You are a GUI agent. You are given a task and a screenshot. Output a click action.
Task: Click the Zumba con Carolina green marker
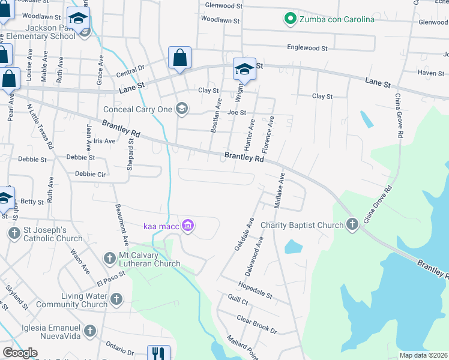(291, 19)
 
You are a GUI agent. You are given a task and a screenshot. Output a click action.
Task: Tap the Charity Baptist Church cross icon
(352, 225)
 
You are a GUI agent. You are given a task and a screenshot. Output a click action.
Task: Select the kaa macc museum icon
(188, 226)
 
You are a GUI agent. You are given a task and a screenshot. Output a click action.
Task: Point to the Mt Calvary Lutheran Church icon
(109, 259)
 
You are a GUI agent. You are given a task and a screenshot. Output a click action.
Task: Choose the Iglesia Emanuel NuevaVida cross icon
(90, 331)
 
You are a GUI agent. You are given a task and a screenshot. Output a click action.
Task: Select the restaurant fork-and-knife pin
(158, 353)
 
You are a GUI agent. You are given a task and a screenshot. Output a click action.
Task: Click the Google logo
(20, 353)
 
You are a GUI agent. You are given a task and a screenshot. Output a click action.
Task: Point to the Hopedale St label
(255, 290)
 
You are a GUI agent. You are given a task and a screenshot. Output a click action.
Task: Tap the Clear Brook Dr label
(256, 325)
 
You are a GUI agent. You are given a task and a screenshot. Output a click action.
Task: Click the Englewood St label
(307, 47)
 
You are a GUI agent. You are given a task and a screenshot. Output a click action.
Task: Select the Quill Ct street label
(238, 299)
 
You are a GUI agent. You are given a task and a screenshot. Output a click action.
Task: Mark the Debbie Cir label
(90, 174)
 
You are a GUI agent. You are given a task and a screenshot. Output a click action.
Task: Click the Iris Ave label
(104, 141)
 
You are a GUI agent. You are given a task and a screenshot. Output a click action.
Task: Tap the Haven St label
(430, 73)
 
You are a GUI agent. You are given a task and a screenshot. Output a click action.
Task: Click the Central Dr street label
(131, 72)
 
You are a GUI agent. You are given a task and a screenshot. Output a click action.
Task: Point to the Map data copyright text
(423, 355)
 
